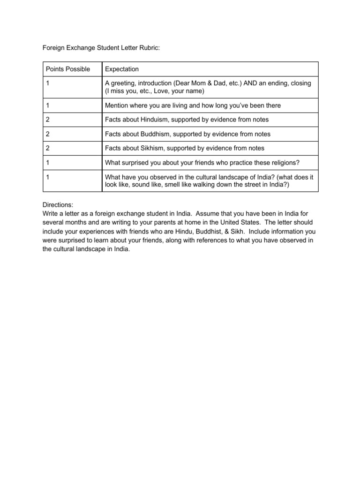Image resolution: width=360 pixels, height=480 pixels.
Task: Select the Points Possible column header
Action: (67, 69)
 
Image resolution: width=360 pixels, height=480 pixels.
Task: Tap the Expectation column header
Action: (122, 69)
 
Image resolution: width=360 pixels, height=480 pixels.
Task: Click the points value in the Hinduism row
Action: (48, 120)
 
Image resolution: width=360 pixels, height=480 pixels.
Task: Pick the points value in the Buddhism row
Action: (48, 134)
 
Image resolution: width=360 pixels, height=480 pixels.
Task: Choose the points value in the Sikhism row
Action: (48, 148)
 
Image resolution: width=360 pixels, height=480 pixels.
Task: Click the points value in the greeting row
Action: (48, 83)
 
